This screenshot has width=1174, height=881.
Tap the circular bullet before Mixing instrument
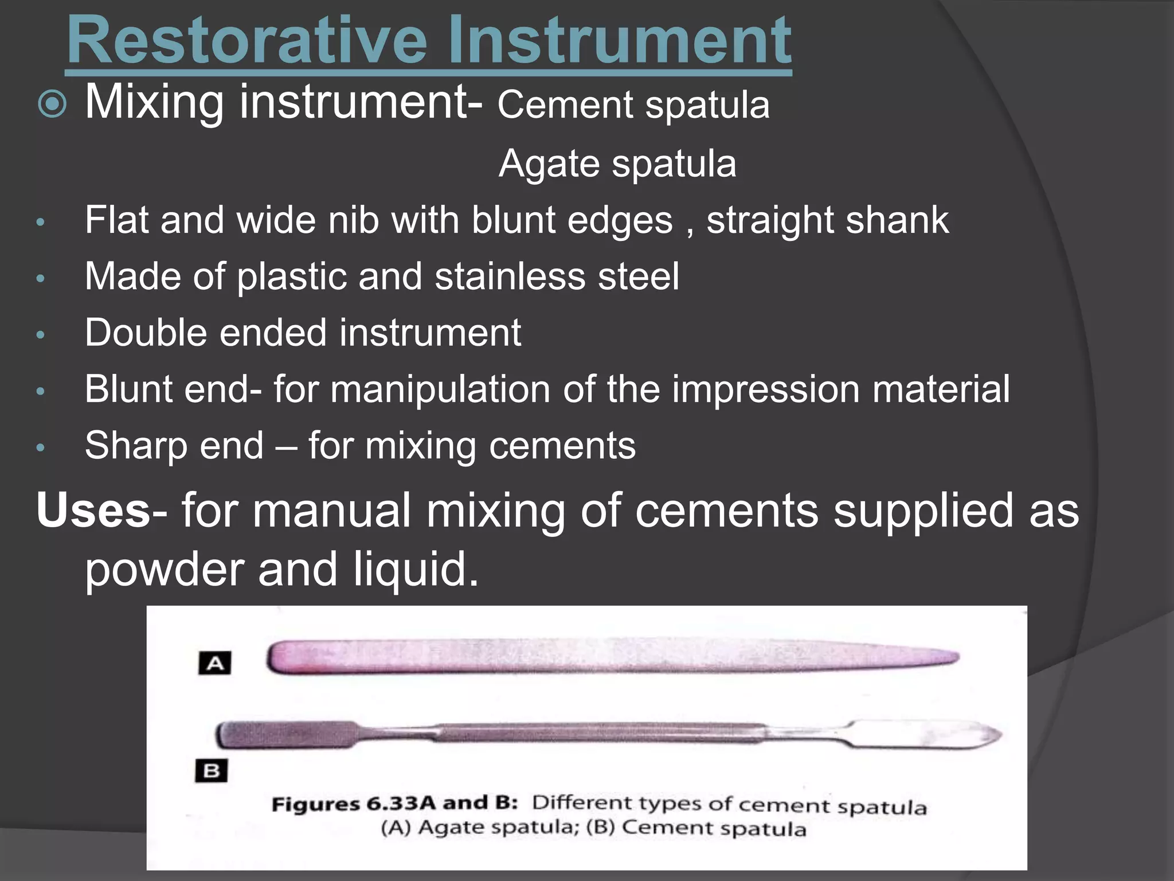52,104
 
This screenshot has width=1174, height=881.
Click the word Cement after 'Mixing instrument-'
565,106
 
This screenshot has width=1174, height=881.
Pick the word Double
146,333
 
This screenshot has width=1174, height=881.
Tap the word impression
765,389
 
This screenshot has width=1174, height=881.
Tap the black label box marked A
214,664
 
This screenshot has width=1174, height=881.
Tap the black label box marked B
211,770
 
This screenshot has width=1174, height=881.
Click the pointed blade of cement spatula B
975,735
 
